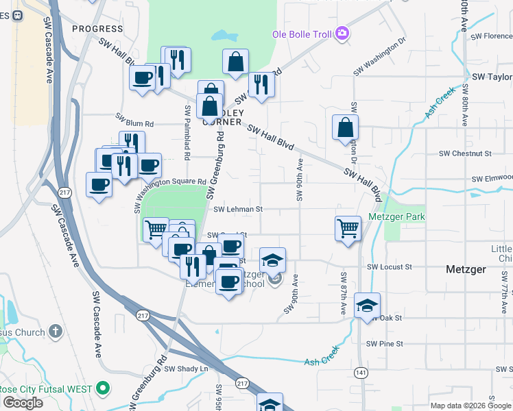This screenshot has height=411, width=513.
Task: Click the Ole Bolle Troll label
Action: click(x=302, y=34)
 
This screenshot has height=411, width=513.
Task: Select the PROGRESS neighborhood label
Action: click(x=97, y=28)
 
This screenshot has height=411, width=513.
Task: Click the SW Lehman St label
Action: click(x=238, y=210)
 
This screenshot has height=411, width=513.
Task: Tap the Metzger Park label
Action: click(x=396, y=217)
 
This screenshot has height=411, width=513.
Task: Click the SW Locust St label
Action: click(x=389, y=266)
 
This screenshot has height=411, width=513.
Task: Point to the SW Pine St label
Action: click(x=385, y=344)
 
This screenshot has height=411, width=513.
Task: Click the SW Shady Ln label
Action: click(x=185, y=369)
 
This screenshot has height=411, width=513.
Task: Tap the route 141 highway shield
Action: click(x=360, y=372)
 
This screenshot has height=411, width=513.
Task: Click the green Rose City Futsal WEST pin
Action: click(x=104, y=389)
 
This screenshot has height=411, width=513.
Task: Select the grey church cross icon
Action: click(x=56, y=332)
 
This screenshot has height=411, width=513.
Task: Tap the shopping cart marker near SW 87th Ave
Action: click(x=348, y=228)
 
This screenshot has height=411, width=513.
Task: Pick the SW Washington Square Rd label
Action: click(x=169, y=188)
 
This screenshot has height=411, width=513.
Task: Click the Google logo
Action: click(x=23, y=403)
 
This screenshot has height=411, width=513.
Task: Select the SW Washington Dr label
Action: click(x=379, y=60)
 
